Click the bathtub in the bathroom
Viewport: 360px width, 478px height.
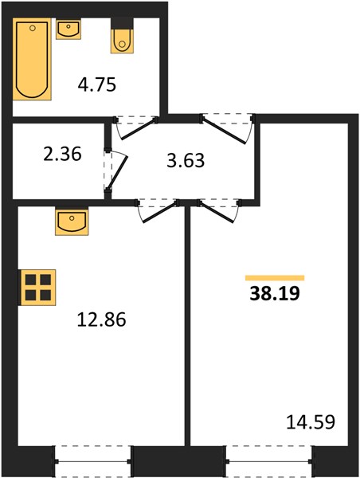(x=32, y=59)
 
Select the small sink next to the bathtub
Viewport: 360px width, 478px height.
(x=68, y=29)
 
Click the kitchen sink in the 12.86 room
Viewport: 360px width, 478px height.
(x=72, y=221)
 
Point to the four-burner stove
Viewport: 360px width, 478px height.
(x=37, y=288)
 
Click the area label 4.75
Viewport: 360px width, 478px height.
(x=97, y=84)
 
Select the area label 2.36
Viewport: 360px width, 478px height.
(x=62, y=154)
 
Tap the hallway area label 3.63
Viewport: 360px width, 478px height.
(x=186, y=161)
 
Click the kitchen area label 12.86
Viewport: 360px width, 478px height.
(x=101, y=319)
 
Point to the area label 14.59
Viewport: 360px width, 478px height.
(x=311, y=422)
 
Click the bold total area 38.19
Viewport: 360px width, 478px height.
(x=275, y=294)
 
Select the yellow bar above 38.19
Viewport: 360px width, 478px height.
(x=275, y=278)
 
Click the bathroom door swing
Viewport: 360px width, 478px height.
(x=136, y=128)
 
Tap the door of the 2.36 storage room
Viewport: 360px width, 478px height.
(x=115, y=170)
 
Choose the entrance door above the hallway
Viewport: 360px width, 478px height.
(x=227, y=129)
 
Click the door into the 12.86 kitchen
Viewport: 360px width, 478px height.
(x=158, y=211)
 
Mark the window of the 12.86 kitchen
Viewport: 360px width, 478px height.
(x=93, y=461)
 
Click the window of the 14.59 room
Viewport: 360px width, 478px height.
(x=269, y=461)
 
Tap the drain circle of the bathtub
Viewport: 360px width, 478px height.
(x=33, y=29)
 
